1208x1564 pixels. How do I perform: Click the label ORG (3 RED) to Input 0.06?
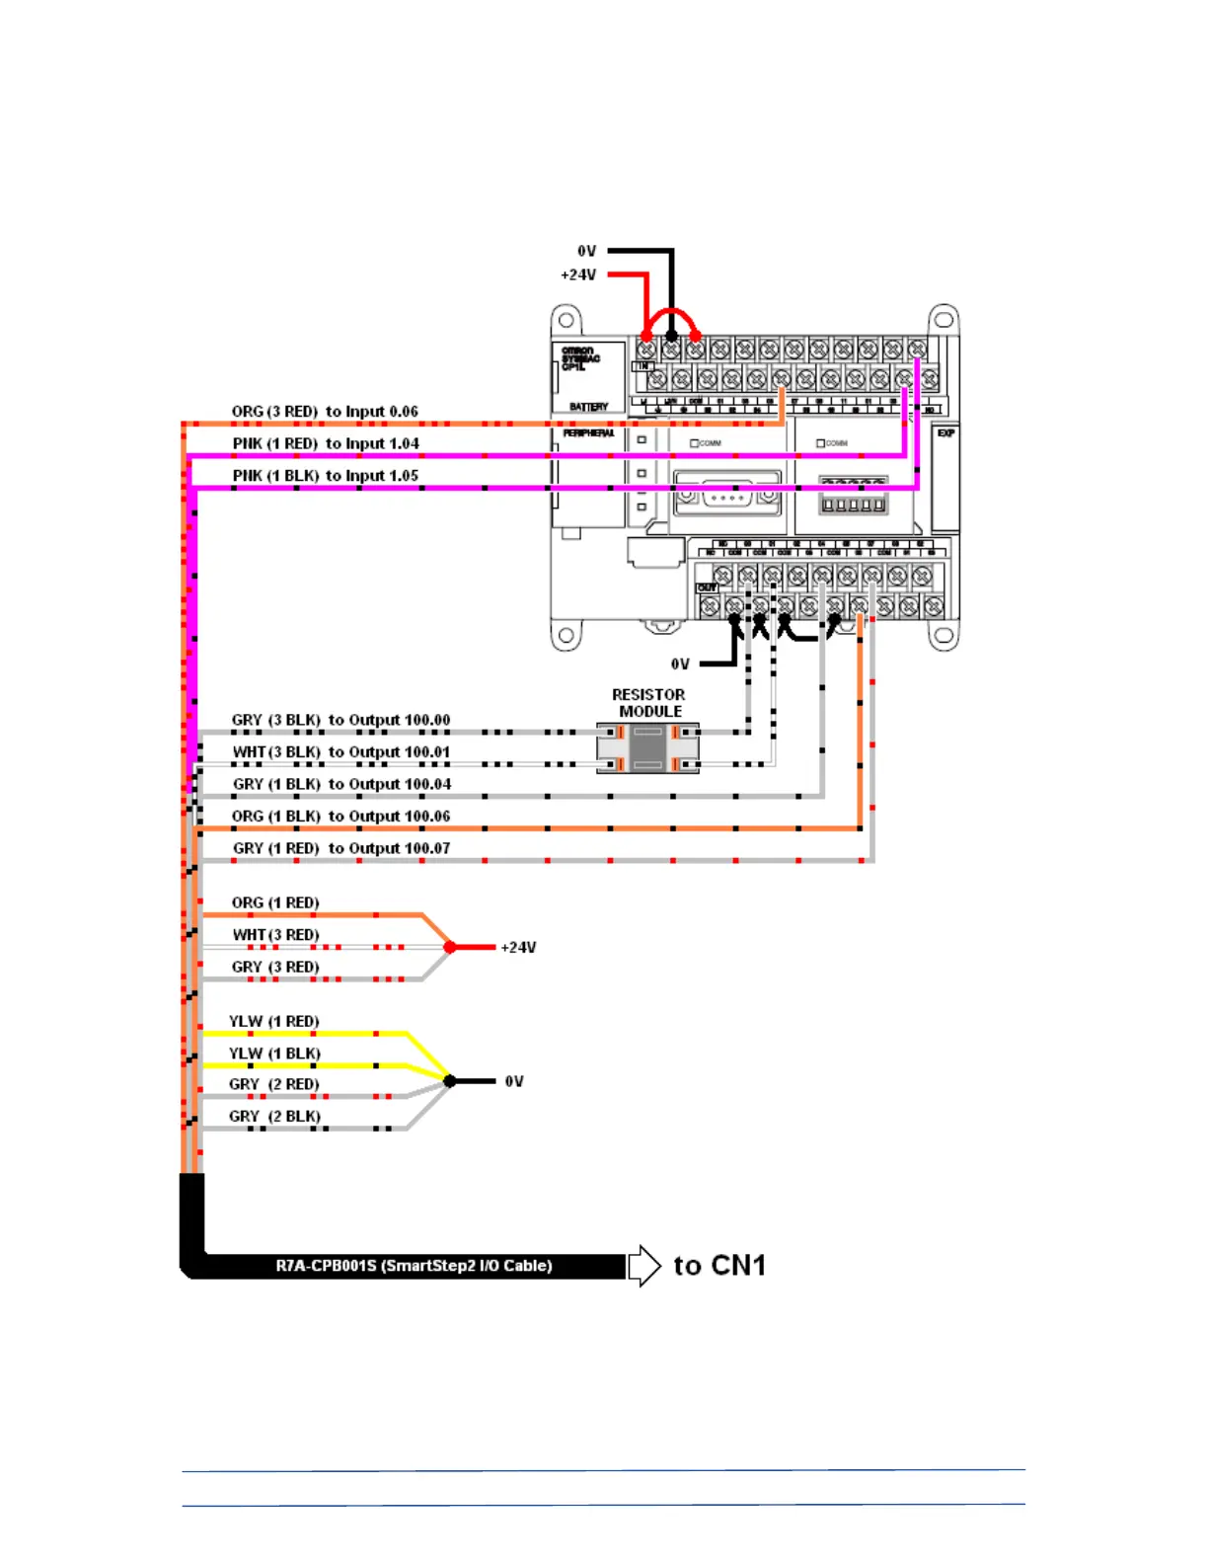[x=325, y=412]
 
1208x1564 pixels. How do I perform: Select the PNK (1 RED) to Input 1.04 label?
[x=326, y=443]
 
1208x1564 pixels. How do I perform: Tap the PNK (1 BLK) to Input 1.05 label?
[x=326, y=476]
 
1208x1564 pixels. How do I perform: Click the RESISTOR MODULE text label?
[x=648, y=703]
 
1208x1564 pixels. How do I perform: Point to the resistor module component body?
[x=647, y=747]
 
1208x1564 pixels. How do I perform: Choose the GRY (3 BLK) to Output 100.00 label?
[x=340, y=720]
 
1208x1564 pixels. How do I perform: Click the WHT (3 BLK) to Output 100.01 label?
[x=340, y=752]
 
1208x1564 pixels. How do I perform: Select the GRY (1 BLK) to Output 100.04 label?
[x=341, y=784]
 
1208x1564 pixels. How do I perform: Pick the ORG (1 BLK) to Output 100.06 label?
[x=340, y=817]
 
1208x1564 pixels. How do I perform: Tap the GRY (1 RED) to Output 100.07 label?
[x=340, y=848]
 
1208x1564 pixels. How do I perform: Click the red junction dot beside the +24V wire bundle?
[x=450, y=947]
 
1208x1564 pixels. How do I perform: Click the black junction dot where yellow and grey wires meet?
[x=450, y=1081]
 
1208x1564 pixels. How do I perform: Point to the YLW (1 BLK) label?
[x=274, y=1054]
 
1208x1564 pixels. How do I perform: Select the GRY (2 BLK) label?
[x=274, y=1117]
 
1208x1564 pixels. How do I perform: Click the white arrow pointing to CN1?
[x=644, y=1265]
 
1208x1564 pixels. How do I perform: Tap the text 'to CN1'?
[x=719, y=1265]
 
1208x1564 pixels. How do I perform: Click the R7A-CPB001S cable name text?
[x=414, y=1266]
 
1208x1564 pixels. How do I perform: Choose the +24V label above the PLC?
[x=578, y=274]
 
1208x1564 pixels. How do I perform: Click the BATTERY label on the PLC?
[x=588, y=407]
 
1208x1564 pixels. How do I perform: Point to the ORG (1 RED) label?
[x=275, y=902]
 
